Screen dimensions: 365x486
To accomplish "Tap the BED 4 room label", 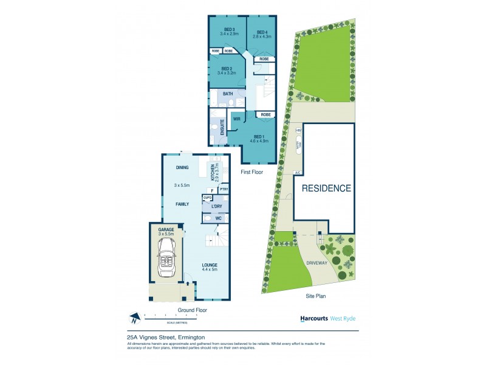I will (x=262, y=32).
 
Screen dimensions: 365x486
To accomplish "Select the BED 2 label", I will (x=227, y=69).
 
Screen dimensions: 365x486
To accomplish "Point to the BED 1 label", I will (x=259, y=136).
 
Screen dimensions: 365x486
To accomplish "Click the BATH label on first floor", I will (x=228, y=94).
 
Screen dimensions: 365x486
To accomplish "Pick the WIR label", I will (x=237, y=119).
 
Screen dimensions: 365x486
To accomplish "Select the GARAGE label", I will (x=166, y=229).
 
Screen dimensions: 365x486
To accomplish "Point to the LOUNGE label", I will (x=210, y=265).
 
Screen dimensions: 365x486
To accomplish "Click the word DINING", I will (x=182, y=167).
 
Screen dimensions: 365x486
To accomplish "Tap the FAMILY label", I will (x=182, y=204).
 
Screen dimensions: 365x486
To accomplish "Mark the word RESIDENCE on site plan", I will (x=326, y=188).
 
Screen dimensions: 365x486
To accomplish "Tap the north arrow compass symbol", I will (x=135, y=317).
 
